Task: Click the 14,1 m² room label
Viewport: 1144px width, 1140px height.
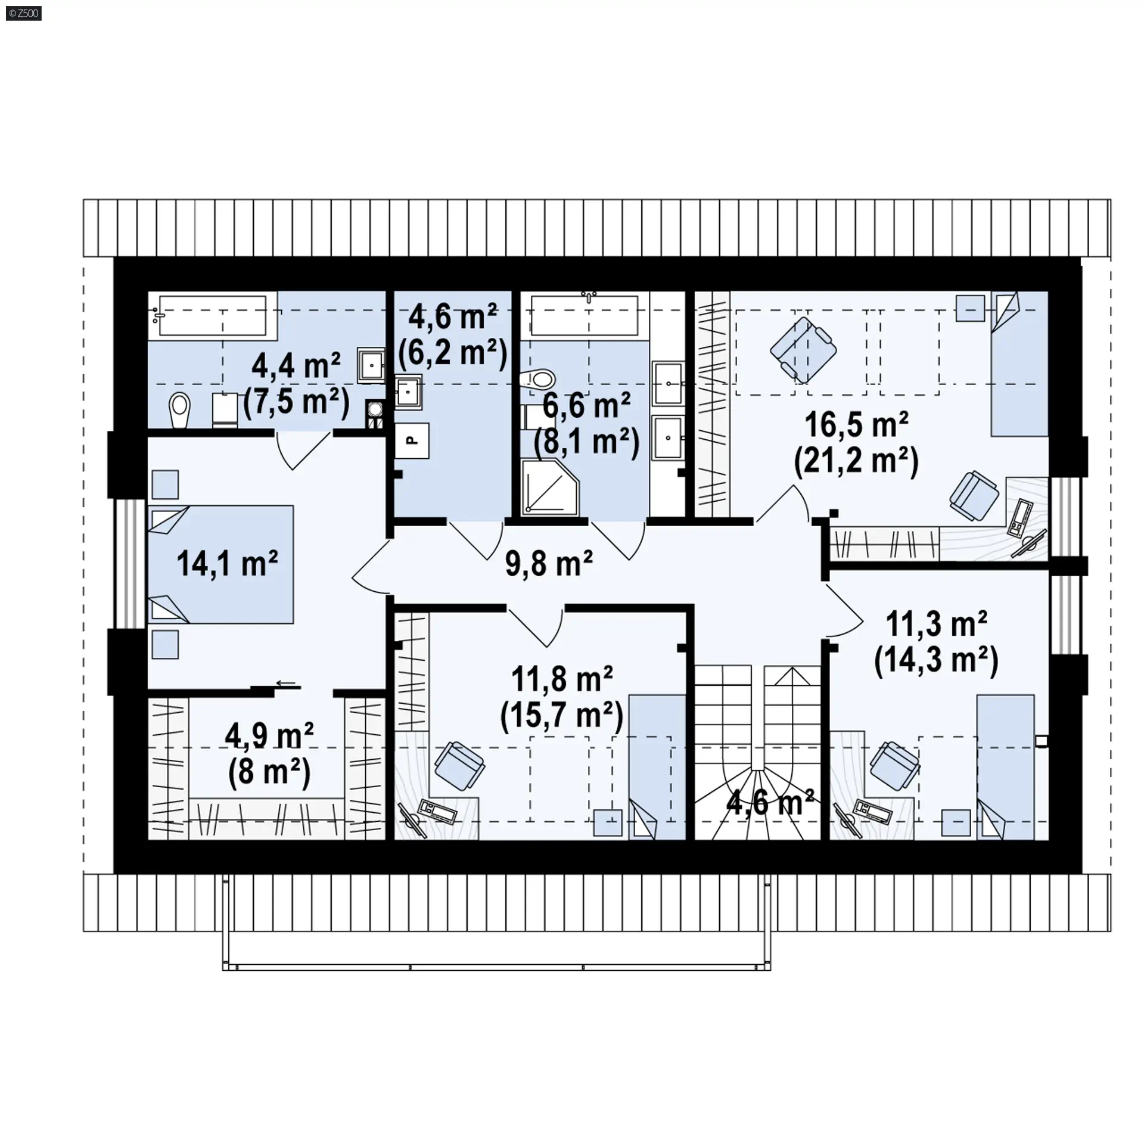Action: coord(227,563)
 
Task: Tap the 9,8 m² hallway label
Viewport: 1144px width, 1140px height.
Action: coord(549,563)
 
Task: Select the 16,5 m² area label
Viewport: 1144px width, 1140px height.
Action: coord(856,425)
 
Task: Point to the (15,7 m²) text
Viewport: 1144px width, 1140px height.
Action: coord(562,715)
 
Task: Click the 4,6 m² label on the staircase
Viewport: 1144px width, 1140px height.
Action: coord(770,803)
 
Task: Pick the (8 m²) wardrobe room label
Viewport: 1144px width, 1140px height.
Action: coord(269,772)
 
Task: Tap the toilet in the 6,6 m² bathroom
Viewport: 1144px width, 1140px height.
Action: coord(537,378)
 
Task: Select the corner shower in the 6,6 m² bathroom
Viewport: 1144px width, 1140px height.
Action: coord(550,487)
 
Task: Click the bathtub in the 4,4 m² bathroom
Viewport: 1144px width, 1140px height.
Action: coord(213,316)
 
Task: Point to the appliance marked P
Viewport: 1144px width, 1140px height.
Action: coord(412,441)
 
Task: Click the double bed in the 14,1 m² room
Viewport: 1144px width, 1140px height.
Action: coord(221,564)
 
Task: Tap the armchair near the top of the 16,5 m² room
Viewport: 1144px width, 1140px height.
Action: coord(803,350)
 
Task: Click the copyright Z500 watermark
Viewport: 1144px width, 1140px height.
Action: coord(24,13)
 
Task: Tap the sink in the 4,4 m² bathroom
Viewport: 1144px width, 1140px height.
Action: coord(371,365)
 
